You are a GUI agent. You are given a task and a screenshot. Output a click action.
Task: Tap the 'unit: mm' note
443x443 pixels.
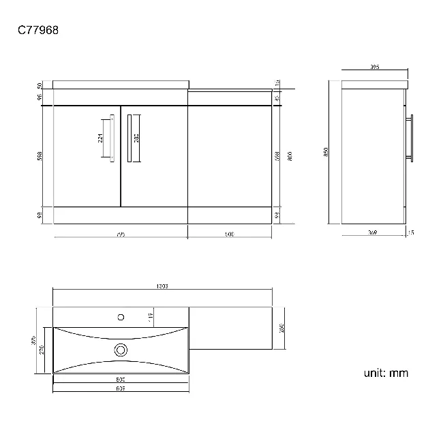(386, 373)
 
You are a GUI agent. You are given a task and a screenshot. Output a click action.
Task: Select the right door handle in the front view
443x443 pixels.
(132, 138)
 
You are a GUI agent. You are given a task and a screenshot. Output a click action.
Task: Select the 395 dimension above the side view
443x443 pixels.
(374, 67)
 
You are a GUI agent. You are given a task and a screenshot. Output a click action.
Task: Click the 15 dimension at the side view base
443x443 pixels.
(410, 233)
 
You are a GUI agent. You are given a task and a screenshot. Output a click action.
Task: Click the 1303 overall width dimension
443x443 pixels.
(162, 286)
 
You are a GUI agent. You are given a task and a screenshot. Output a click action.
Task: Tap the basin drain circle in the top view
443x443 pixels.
(121, 350)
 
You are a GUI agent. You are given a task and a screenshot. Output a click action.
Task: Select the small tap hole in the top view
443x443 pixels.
(121, 316)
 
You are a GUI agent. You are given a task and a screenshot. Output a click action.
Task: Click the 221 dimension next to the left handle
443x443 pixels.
(102, 138)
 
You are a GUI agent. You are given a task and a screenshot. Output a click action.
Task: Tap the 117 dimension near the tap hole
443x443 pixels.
(149, 316)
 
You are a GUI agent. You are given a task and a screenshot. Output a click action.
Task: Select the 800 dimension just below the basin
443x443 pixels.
(121, 378)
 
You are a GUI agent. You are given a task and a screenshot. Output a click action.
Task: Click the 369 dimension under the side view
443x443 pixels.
(372, 233)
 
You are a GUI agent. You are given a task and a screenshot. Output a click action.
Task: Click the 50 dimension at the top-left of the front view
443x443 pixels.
(40, 85)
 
